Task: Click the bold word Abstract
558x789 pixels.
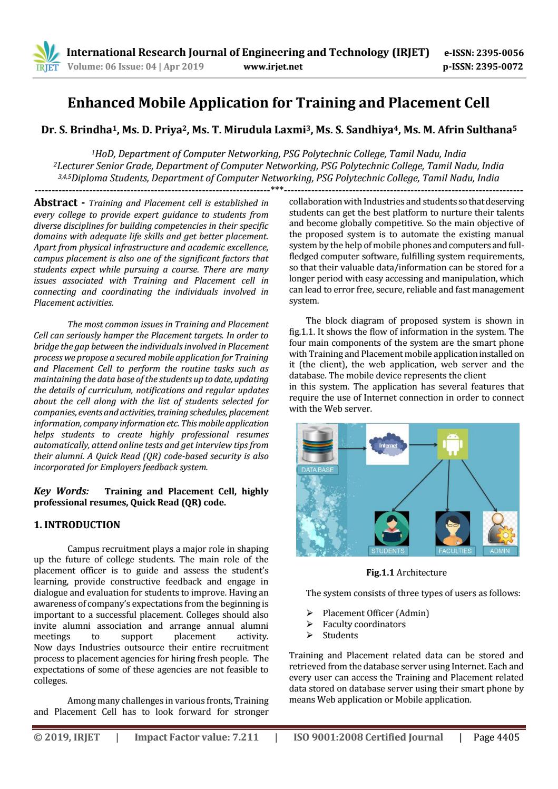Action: [56, 203]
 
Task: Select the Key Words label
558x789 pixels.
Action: [61, 491]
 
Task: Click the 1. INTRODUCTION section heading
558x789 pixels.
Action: [77, 525]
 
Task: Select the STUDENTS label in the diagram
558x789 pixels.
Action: [388, 551]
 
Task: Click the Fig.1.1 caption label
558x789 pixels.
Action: [380, 572]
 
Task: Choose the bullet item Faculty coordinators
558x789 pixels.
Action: [364, 624]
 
